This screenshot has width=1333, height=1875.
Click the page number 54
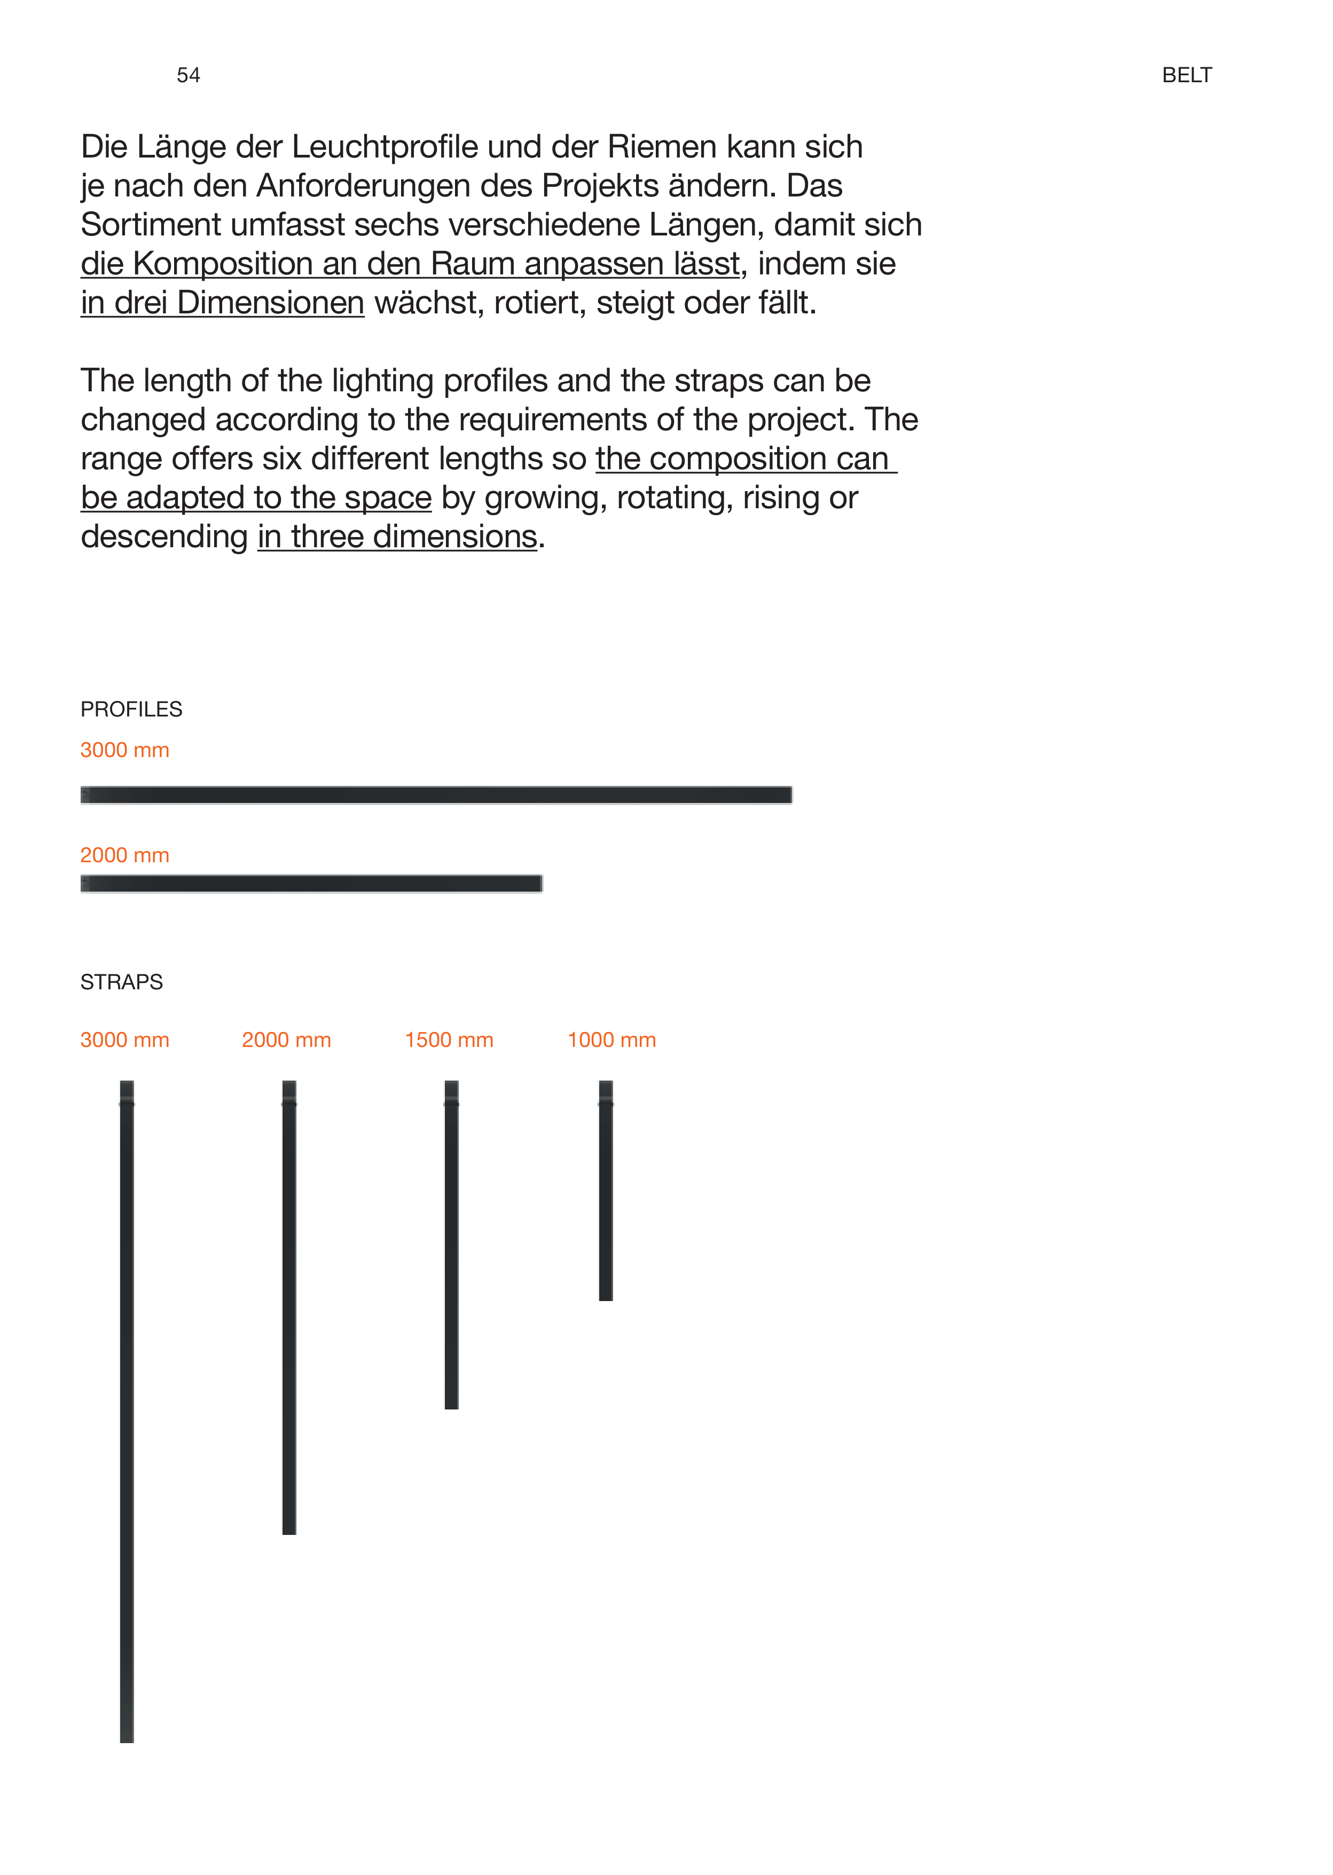(x=188, y=75)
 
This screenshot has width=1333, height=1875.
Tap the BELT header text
(x=1186, y=75)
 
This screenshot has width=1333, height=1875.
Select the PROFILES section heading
(x=131, y=709)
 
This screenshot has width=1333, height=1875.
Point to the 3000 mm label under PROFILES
(x=125, y=750)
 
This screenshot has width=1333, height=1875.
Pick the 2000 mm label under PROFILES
(x=125, y=855)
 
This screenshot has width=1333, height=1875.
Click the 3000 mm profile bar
(x=436, y=794)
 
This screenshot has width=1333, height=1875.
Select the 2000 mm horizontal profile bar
(x=311, y=883)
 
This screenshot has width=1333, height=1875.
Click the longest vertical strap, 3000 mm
(x=127, y=1412)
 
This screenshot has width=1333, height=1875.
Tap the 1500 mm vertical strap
(x=451, y=1245)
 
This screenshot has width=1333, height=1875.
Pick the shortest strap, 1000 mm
(x=606, y=1191)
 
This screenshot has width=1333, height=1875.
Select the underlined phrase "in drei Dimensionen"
(x=223, y=303)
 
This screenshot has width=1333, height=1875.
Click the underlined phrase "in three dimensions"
(x=397, y=537)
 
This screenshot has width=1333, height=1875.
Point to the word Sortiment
(x=150, y=225)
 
